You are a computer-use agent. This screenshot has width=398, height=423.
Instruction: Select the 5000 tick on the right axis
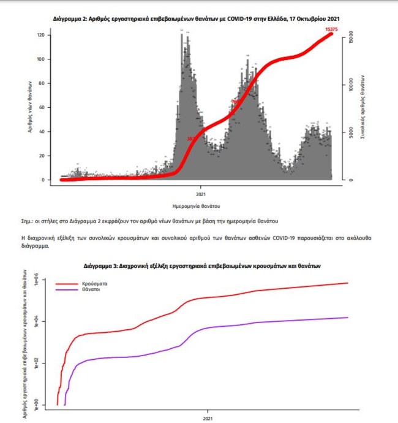pos(344,133)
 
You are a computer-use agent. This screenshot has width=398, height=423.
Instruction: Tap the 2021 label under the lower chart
pos(208,419)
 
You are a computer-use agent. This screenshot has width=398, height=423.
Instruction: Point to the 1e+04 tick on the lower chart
pos(37,322)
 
